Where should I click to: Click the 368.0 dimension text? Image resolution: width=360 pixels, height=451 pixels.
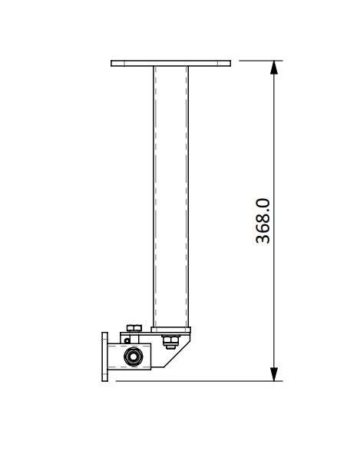[263, 221]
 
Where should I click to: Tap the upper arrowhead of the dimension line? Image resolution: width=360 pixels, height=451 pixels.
[274, 68]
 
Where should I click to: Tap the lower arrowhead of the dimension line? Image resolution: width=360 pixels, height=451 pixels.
[274, 374]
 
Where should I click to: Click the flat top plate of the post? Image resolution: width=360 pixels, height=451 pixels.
[170, 63]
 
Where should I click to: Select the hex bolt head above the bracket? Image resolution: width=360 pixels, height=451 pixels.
[134, 328]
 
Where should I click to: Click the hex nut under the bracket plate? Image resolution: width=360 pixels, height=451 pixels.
[170, 341]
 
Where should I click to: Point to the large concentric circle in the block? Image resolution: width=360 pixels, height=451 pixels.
[133, 356]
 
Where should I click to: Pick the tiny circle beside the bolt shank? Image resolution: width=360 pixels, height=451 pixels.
[127, 341]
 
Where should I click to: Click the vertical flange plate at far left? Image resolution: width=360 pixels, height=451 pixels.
[105, 356]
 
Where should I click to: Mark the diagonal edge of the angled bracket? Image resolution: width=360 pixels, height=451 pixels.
[176, 353]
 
